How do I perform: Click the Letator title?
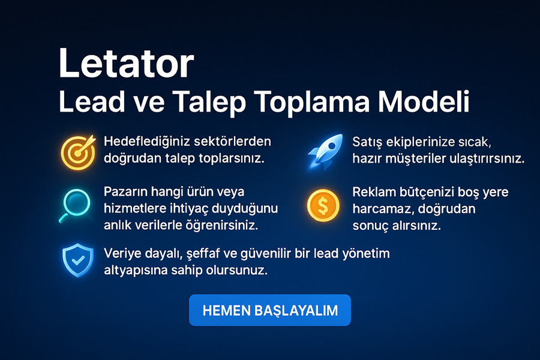(127, 64)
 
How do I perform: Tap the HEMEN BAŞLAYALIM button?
(269, 310)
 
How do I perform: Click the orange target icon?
(78, 152)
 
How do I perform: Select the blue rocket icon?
(325, 151)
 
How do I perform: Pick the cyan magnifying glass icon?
(75, 206)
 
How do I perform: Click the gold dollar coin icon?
(323, 205)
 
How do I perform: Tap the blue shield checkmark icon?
(78, 260)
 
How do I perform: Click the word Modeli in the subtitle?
(424, 101)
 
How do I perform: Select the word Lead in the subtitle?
(92, 101)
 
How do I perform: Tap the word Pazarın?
(125, 191)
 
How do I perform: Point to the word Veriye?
(122, 254)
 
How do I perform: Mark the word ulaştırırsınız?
(488, 159)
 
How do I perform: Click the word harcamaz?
(376, 209)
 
